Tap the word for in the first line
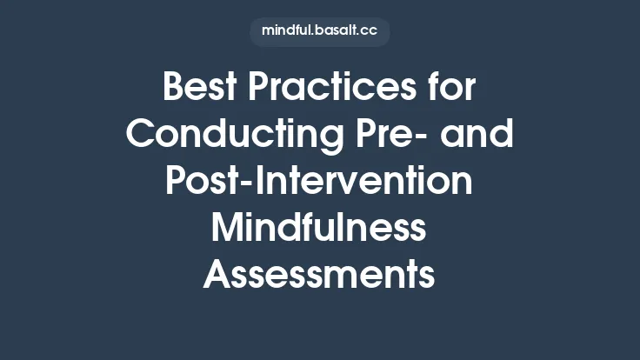pos(450,88)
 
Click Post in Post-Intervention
pos(199,182)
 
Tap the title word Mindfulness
pos(319,229)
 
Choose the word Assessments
pos(319,276)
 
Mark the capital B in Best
pos(174,88)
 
